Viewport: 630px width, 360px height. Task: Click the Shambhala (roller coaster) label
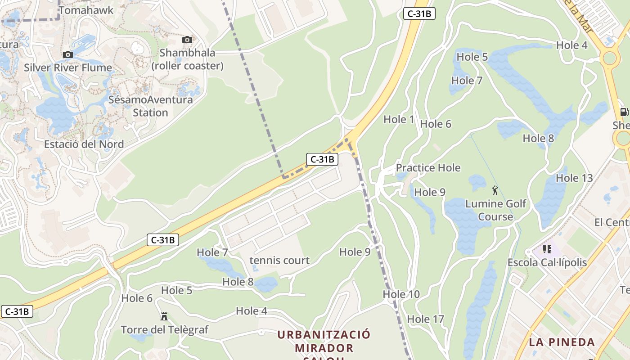(187, 59)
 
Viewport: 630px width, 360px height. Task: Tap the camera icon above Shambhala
(187, 40)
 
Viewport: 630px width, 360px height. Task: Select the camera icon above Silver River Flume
(68, 55)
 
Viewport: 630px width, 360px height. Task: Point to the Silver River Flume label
(68, 68)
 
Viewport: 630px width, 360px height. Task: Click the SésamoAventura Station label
(150, 106)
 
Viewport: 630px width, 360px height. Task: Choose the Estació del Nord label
(84, 144)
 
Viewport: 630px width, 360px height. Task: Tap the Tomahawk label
(86, 10)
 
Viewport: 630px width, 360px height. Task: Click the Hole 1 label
(398, 119)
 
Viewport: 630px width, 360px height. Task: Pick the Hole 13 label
(574, 178)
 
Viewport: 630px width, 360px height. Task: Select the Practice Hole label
(428, 168)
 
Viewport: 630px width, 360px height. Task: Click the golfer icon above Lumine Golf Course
(495, 190)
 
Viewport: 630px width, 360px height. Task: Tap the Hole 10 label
(401, 294)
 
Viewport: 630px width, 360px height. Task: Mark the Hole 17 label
(425, 319)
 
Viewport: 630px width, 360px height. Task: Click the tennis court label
(279, 261)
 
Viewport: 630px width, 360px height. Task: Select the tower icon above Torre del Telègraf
(164, 316)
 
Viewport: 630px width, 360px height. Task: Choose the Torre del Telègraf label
(164, 330)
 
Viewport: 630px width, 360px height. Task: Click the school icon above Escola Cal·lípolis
(547, 249)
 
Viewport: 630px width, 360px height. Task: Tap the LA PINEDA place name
(562, 342)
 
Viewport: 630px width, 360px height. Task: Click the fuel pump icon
(624, 112)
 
